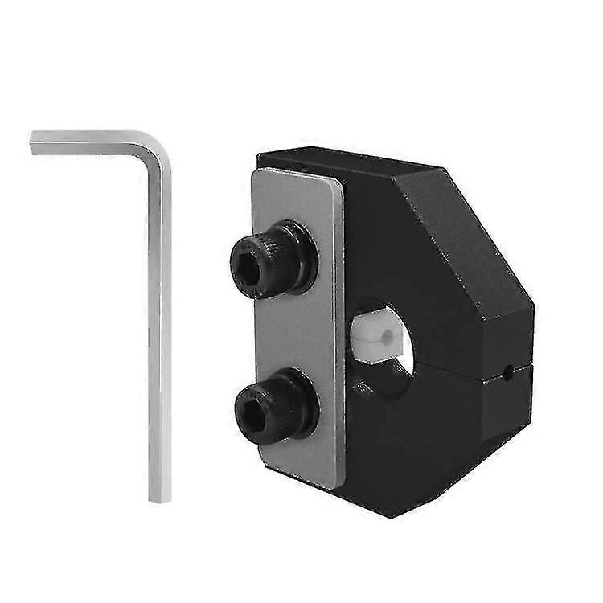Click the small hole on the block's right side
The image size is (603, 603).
tap(508, 371)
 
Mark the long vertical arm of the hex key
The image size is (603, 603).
tap(159, 338)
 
